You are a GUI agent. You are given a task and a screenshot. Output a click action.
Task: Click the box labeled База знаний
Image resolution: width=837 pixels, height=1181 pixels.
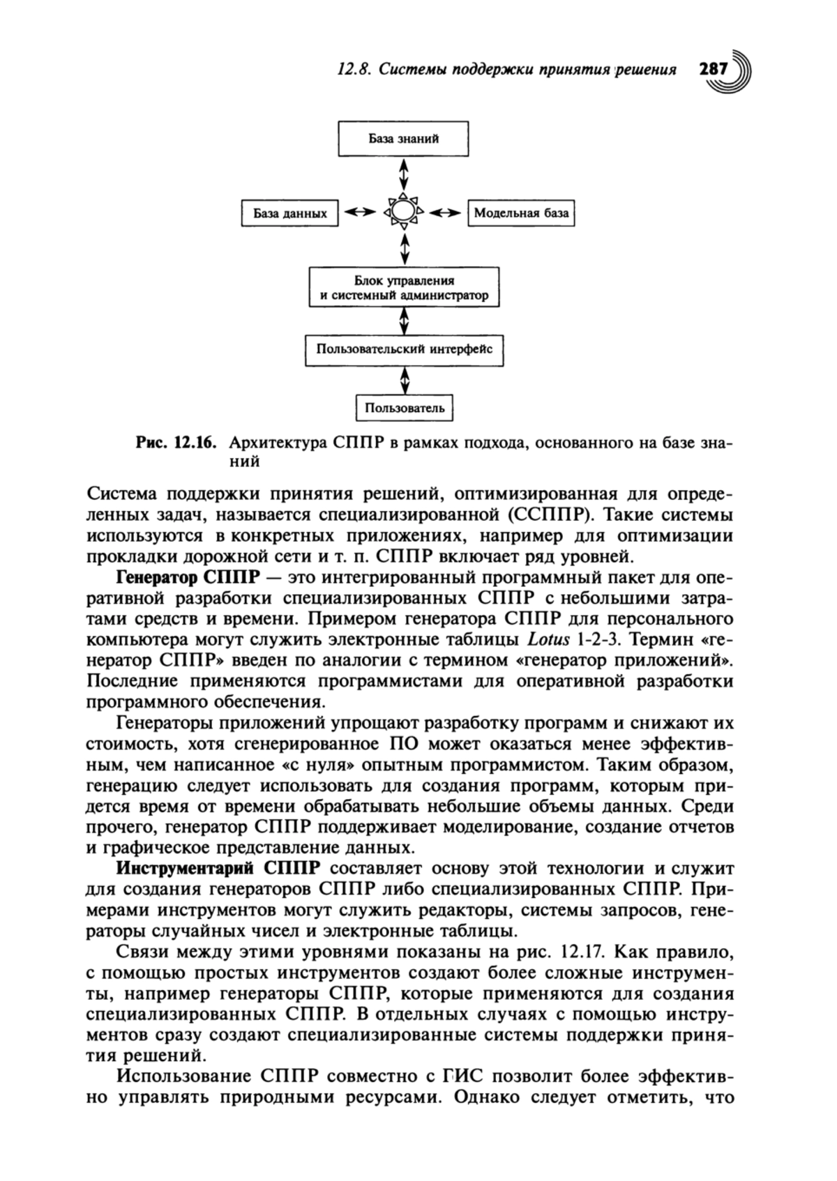pyautogui.click(x=403, y=138)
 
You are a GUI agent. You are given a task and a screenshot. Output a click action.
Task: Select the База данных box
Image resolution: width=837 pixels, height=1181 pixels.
pyautogui.click(x=289, y=213)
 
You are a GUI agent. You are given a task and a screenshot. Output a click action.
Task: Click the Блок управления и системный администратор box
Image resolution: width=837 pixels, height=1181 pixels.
pyautogui.click(x=404, y=288)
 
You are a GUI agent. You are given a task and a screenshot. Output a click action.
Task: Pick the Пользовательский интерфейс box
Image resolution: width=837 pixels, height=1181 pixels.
pyautogui.click(x=404, y=349)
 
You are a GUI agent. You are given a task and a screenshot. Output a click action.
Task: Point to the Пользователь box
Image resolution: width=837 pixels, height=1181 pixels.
pyautogui.click(x=404, y=407)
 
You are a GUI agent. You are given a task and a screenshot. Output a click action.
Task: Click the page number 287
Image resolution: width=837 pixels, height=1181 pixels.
pyautogui.click(x=713, y=70)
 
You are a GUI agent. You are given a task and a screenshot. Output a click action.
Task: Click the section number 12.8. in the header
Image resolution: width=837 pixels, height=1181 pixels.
pyautogui.click(x=354, y=70)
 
